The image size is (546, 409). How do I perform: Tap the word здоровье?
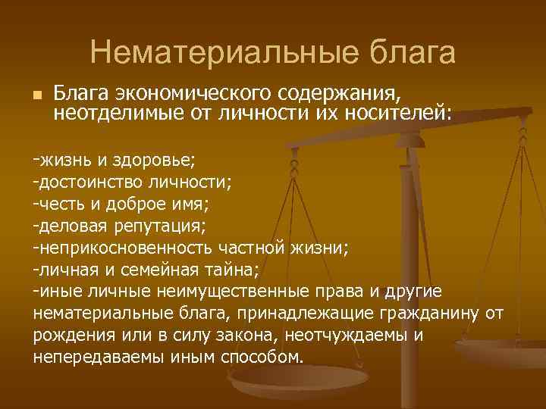(156, 161)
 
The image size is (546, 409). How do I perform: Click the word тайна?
(235, 270)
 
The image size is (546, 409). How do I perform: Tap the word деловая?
(72, 226)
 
